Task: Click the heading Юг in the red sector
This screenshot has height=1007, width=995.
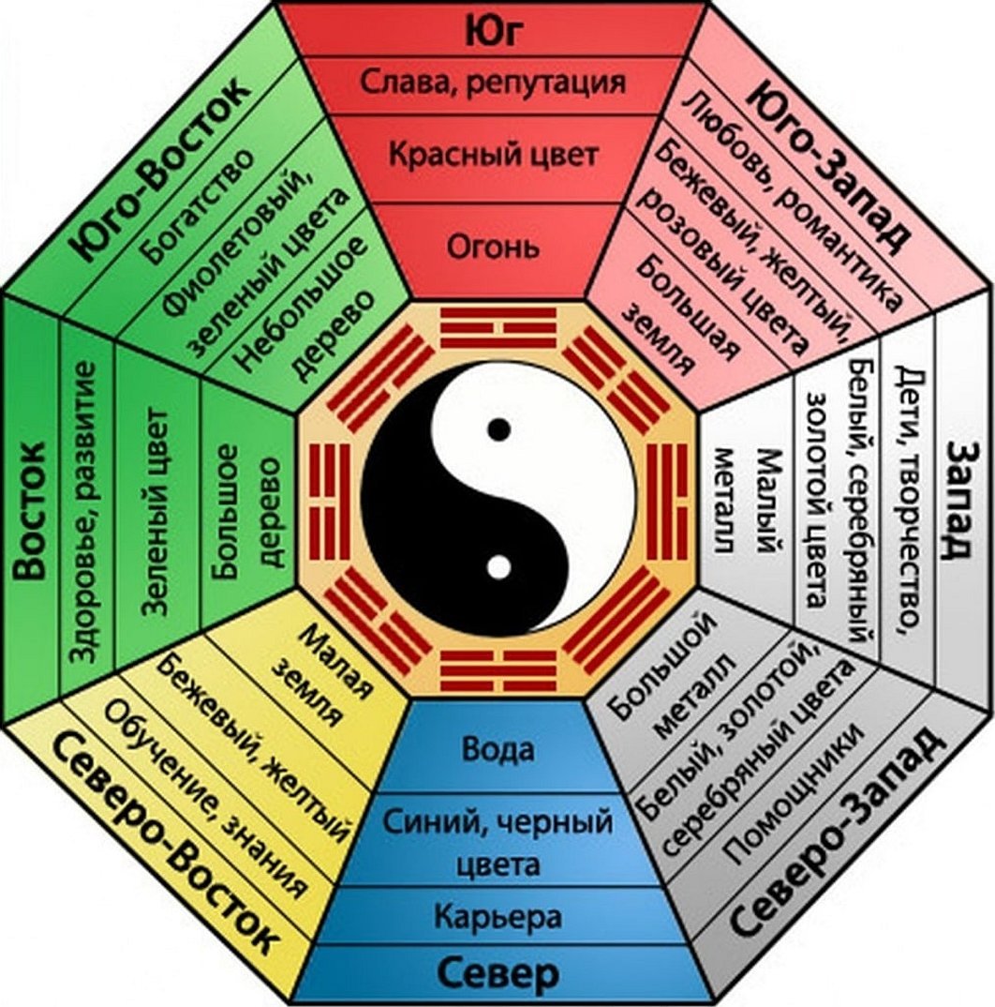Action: (x=493, y=30)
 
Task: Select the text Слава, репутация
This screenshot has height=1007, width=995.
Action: (x=493, y=83)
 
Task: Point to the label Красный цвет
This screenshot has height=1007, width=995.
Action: (x=493, y=153)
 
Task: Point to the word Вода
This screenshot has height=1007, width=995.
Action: (x=497, y=749)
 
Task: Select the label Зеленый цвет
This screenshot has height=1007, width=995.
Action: (x=156, y=512)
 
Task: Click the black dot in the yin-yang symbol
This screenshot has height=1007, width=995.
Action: (x=500, y=429)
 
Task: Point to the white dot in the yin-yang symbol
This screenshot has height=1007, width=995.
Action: (x=499, y=566)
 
